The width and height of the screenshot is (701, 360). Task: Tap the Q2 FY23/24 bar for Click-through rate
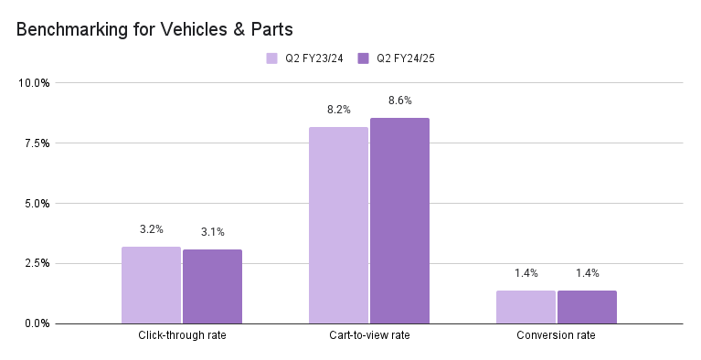[151, 285]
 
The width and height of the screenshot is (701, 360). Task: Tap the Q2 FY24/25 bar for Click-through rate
[212, 286]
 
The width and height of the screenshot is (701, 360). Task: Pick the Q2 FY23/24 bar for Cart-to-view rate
[338, 225]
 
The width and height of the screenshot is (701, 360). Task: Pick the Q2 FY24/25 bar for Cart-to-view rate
[399, 220]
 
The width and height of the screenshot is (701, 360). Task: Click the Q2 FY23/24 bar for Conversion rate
[526, 307]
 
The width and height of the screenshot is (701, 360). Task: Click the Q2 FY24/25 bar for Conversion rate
[587, 307]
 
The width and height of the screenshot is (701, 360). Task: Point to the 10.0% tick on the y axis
[34, 83]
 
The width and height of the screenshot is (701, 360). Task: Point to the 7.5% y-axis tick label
[37, 143]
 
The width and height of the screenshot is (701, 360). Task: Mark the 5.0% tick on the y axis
[37, 204]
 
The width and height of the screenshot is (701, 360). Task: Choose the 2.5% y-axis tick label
[37, 263]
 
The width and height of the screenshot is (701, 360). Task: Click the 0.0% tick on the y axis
[37, 323]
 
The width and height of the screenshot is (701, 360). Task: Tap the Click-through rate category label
[182, 336]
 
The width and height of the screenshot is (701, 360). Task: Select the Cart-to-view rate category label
[369, 336]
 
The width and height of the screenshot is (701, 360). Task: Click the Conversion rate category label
[557, 336]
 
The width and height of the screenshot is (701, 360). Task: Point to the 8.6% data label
[399, 100]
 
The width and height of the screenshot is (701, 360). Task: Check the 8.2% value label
[338, 110]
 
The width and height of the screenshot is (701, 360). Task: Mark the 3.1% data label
[212, 231]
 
